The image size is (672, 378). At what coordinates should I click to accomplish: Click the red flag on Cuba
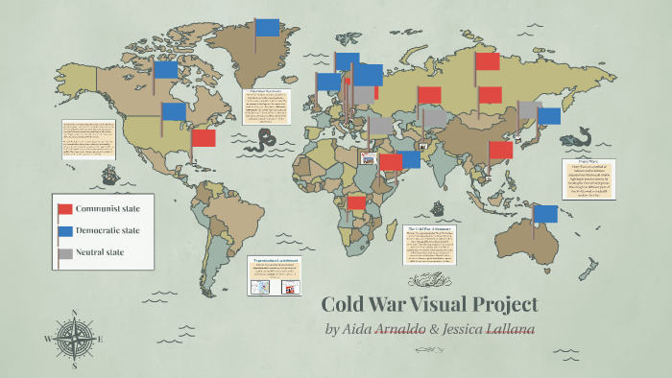click(204, 138)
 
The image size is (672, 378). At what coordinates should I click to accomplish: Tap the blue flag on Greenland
click(267, 27)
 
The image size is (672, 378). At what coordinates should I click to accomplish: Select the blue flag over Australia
click(545, 213)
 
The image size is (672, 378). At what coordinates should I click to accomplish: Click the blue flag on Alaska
click(165, 69)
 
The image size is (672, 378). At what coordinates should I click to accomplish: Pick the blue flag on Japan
click(548, 116)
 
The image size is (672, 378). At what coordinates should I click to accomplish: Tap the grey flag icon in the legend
click(65, 254)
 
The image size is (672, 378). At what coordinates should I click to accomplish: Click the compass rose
click(73, 338)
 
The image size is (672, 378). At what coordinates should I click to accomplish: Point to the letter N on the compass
click(74, 313)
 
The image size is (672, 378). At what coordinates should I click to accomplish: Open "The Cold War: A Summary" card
click(430, 246)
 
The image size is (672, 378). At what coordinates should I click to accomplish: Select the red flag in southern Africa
click(356, 202)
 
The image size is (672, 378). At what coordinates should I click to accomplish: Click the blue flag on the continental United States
click(174, 111)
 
